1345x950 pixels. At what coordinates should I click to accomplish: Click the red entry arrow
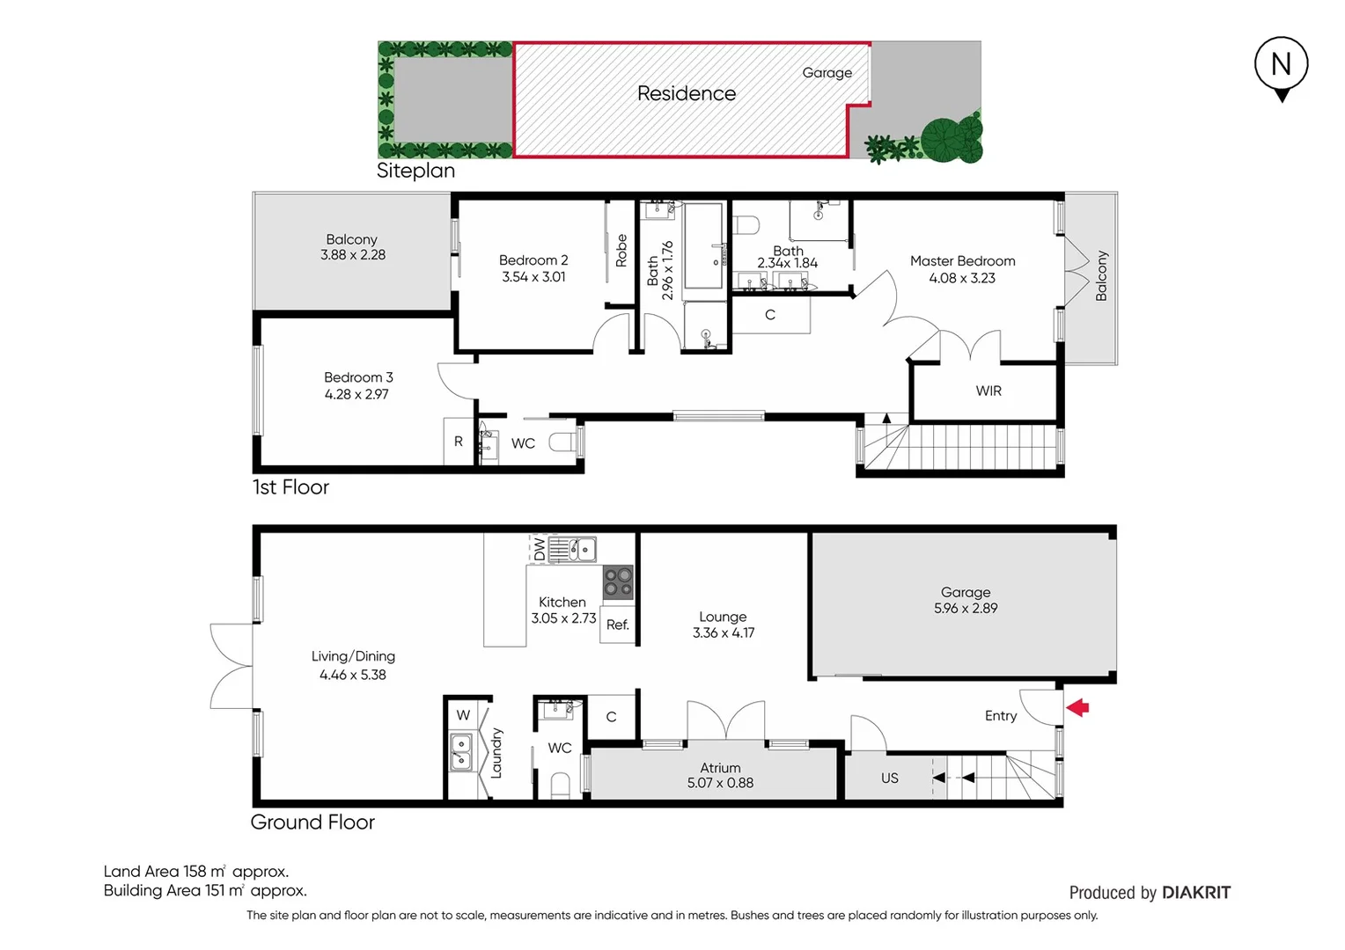click(1078, 706)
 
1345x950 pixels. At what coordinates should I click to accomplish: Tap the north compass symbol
click(1282, 67)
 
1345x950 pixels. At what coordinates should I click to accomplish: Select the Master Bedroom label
click(962, 261)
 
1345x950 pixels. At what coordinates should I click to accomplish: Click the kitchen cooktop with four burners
click(618, 581)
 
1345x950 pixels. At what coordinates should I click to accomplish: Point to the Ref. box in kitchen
click(618, 625)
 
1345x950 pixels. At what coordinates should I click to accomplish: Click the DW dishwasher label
click(539, 549)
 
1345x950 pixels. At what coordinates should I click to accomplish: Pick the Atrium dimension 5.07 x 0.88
click(720, 783)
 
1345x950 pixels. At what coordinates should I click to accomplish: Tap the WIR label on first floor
click(989, 391)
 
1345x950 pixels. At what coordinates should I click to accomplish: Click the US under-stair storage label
click(890, 778)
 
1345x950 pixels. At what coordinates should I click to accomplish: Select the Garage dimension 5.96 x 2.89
click(966, 608)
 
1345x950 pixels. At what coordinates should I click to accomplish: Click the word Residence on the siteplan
click(687, 93)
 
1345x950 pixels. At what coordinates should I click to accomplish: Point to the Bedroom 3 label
click(358, 377)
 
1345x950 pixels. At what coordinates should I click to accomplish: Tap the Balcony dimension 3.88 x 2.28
click(352, 255)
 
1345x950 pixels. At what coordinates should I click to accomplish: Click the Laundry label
click(496, 753)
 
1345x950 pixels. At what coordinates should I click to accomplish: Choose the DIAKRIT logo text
click(1196, 893)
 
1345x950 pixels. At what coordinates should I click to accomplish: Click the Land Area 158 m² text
click(195, 872)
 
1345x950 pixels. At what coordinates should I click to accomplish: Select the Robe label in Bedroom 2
click(621, 251)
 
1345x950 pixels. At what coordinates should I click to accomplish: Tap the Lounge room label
click(723, 617)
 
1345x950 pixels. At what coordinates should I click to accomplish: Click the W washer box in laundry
click(463, 715)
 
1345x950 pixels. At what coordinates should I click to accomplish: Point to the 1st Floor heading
click(290, 487)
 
